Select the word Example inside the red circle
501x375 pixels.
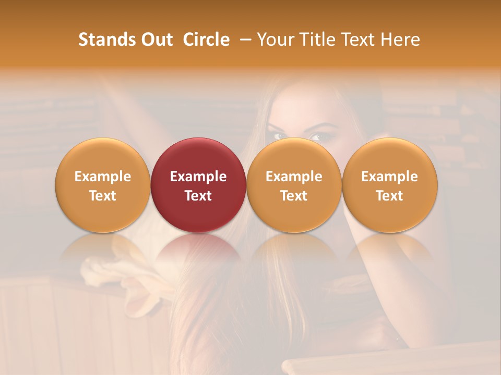pos(198,177)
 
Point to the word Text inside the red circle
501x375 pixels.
pos(198,196)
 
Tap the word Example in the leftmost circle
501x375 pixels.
pos(103,177)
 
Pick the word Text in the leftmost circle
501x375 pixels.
pos(103,196)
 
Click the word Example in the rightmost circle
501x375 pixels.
pos(390,177)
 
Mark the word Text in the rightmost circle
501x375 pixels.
pos(390,196)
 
